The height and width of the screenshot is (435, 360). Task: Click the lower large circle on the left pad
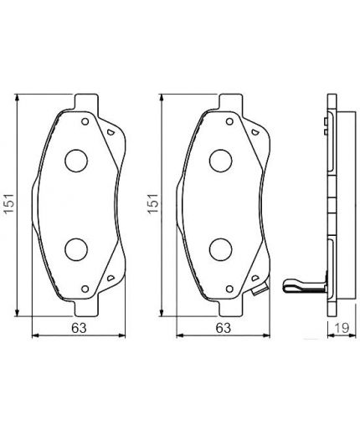77,248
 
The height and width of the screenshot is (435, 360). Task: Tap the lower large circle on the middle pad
221,248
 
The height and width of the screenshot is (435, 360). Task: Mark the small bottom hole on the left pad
84,289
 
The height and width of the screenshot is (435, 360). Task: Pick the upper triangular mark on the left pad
110,133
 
